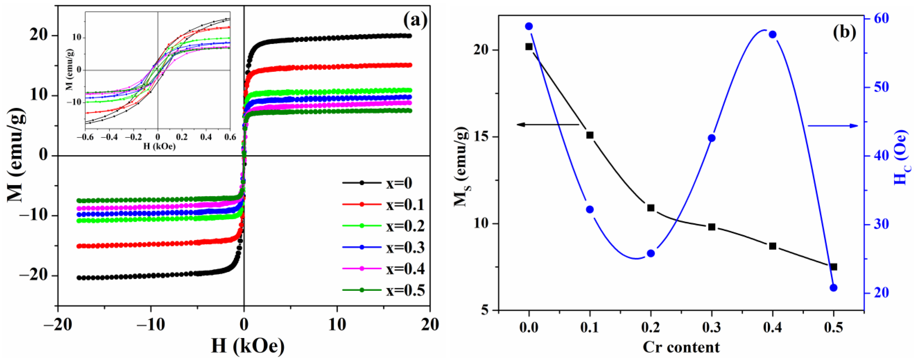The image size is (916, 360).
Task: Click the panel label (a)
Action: tap(415, 21)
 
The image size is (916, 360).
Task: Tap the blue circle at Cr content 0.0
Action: tap(529, 26)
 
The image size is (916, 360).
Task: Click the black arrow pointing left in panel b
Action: tap(548, 124)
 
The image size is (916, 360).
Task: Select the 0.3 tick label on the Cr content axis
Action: tap(711, 328)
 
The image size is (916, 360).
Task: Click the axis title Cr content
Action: tap(681, 347)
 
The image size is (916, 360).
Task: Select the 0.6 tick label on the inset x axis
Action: tap(230, 137)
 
